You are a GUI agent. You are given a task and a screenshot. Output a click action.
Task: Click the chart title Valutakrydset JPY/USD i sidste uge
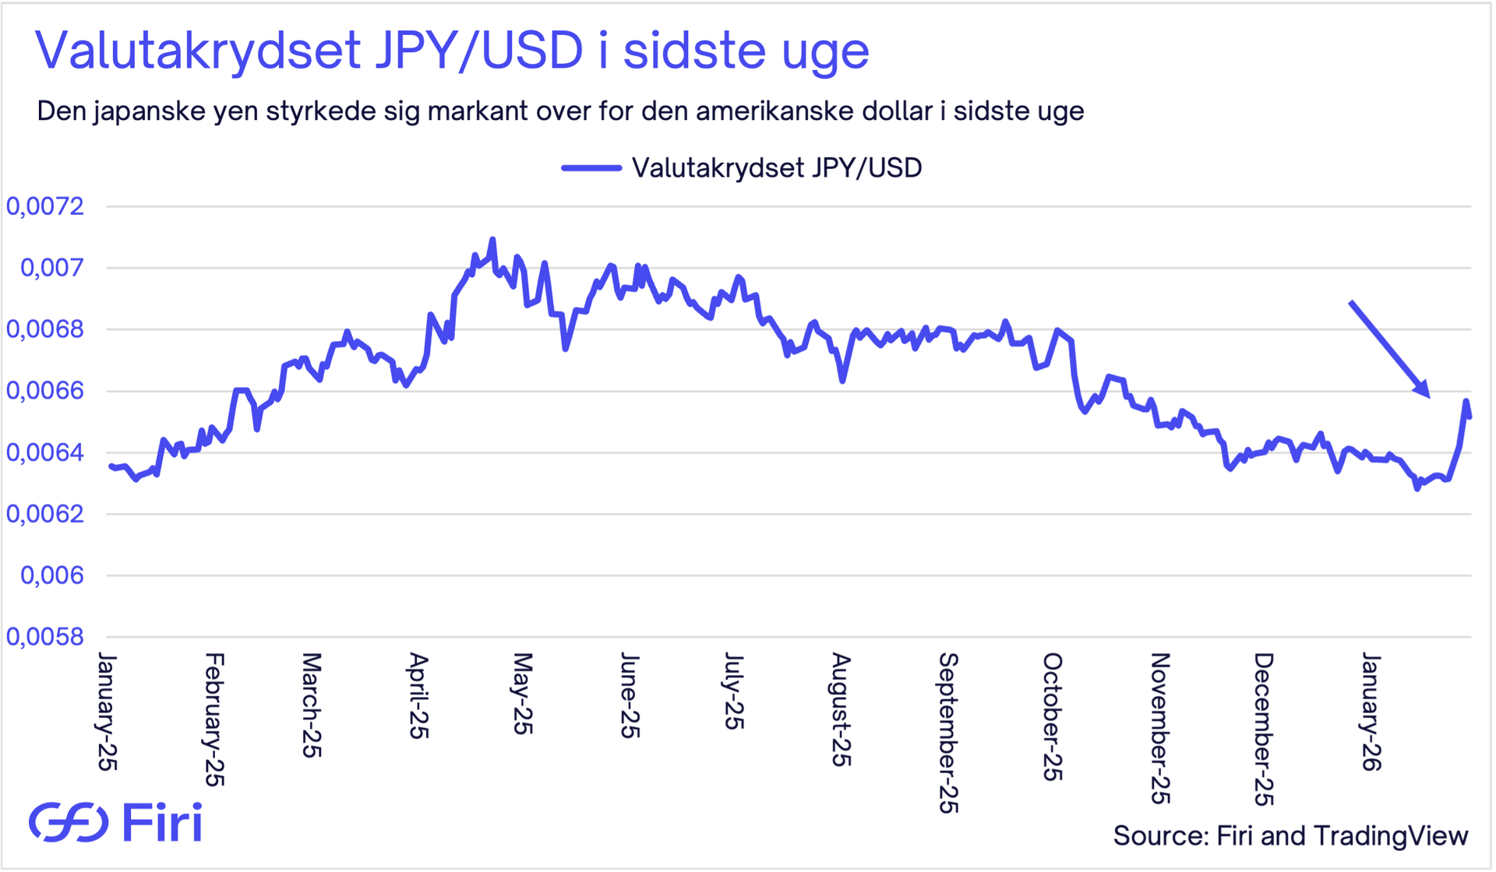(x=452, y=51)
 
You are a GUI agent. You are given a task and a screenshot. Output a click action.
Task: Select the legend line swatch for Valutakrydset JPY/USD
(x=591, y=168)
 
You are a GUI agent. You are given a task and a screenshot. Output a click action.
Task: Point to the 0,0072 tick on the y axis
(x=45, y=206)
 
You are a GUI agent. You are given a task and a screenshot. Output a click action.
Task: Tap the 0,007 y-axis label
(x=51, y=268)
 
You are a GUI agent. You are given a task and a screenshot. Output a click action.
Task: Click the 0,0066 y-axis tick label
(x=45, y=391)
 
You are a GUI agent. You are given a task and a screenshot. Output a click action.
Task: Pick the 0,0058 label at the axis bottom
(x=45, y=637)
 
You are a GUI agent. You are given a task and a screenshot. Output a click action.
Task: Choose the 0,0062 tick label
(x=45, y=514)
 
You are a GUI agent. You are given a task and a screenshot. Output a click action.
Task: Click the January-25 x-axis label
(x=107, y=712)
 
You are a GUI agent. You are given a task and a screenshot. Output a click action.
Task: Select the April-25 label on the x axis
(x=418, y=696)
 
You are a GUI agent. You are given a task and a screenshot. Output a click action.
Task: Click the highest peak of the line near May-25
(x=492, y=240)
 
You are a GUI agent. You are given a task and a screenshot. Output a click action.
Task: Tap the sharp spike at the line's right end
(x=1466, y=402)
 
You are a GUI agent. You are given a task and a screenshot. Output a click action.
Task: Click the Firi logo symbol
(x=69, y=822)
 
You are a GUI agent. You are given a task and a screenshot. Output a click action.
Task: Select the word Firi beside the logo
(x=163, y=822)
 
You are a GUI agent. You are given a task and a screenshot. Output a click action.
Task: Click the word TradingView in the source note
(x=1391, y=835)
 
